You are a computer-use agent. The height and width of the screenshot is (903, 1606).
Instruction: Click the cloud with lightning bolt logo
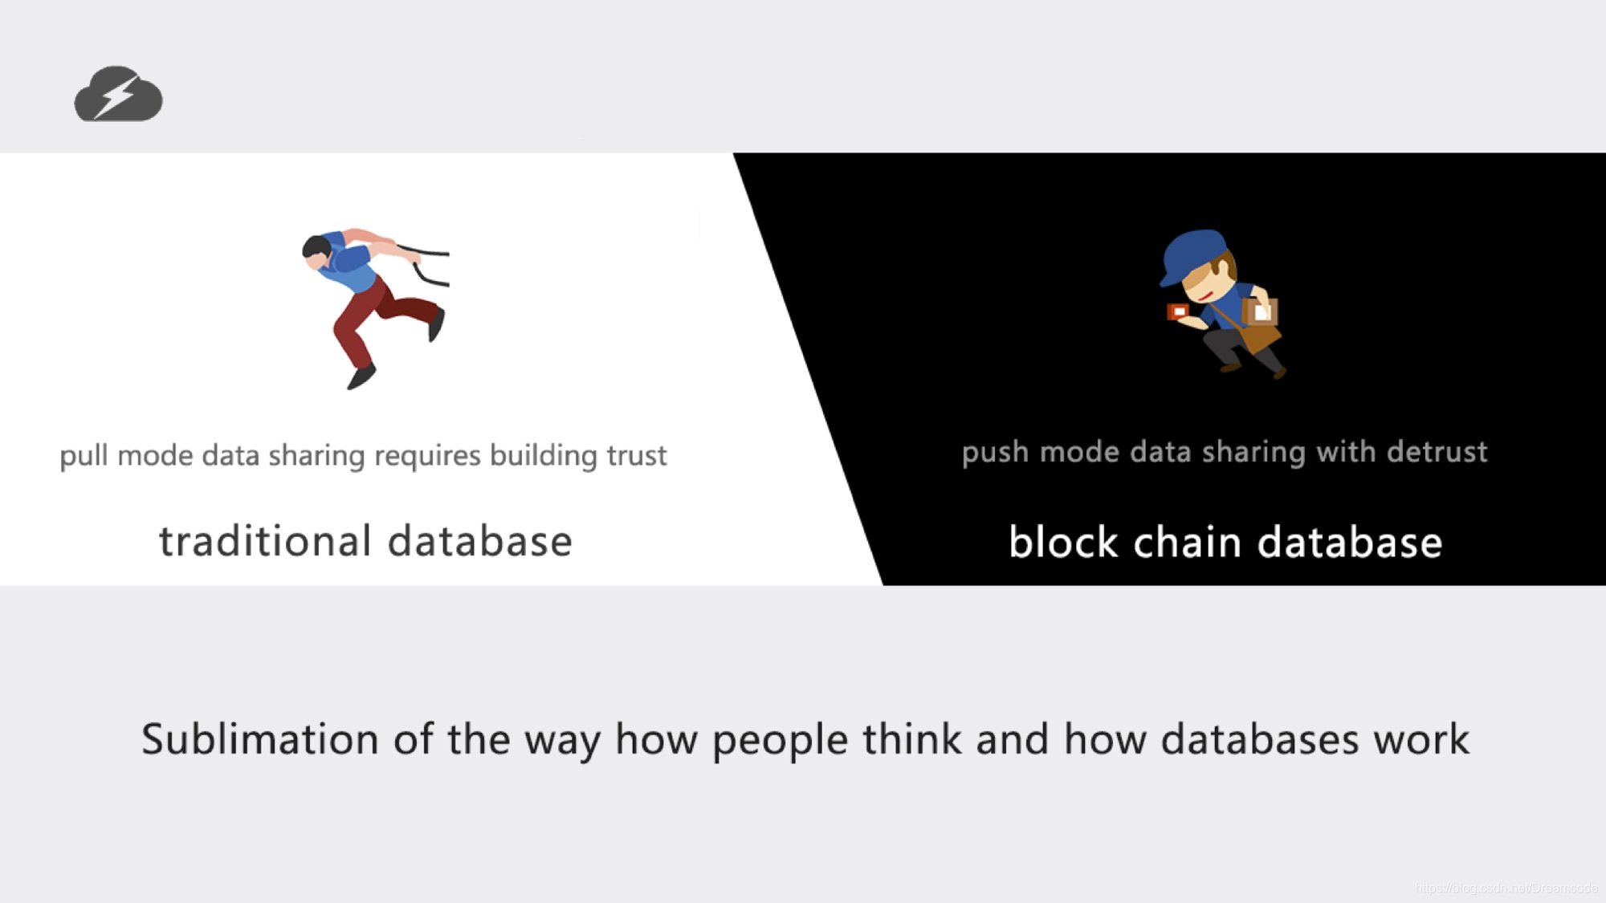click(x=118, y=95)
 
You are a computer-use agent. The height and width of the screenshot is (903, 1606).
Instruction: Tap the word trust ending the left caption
click(x=636, y=456)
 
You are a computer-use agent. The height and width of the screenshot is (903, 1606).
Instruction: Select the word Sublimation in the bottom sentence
click(x=259, y=738)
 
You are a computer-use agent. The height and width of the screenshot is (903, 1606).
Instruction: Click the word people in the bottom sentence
click(x=780, y=740)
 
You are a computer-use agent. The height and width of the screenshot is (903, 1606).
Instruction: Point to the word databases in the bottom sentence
click(x=1259, y=738)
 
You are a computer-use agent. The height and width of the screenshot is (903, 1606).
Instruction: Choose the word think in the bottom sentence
click(x=911, y=738)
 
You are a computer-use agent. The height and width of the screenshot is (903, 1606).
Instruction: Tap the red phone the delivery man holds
click(x=1178, y=311)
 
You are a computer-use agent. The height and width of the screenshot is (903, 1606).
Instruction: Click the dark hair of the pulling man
click(x=316, y=246)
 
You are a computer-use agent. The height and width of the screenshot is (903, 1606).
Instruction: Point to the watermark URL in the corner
click(x=1506, y=888)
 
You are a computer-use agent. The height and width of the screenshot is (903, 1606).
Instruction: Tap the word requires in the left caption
click(x=427, y=456)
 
